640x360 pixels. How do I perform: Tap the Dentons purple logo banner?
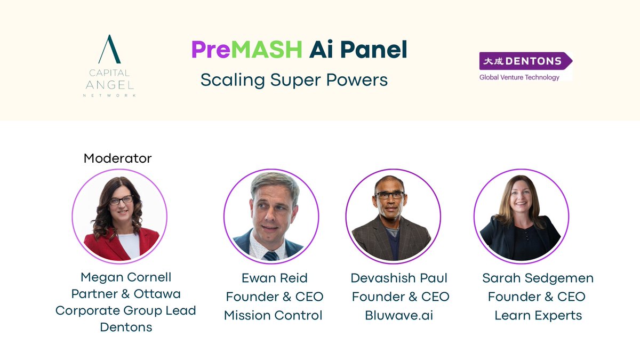(525, 61)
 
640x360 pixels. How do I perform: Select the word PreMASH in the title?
(246, 50)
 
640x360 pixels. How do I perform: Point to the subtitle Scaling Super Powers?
(294, 80)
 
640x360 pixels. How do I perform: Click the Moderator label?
(117, 158)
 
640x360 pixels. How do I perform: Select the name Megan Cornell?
(126, 277)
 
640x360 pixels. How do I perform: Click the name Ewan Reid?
(274, 278)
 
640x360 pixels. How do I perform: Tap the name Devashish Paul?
(399, 278)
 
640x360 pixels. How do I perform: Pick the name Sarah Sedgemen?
(538, 278)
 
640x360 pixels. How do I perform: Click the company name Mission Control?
(273, 315)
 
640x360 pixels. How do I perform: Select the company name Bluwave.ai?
(399, 315)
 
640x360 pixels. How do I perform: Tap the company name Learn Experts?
(538, 315)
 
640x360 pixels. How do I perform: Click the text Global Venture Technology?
(519, 77)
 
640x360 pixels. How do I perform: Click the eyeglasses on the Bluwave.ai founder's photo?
(389, 195)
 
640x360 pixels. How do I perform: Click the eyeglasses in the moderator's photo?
(121, 201)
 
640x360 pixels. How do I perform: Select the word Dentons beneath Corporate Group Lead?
(126, 327)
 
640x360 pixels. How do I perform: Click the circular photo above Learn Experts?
(521, 217)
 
